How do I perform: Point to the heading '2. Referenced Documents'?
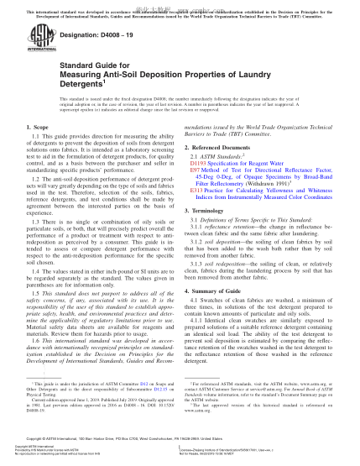222,169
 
